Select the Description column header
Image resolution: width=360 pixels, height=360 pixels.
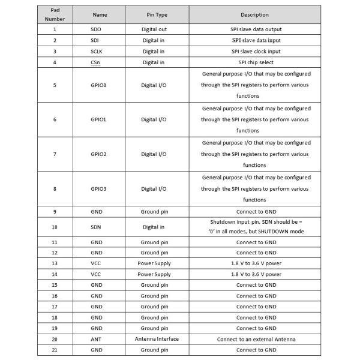[254, 14]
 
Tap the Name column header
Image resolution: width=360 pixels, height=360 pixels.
[100, 14]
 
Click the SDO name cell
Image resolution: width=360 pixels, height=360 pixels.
[96, 29]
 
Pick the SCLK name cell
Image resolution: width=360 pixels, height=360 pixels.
[96, 51]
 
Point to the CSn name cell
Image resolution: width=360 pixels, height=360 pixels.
[96, 62]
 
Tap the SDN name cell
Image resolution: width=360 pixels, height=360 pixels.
[96, 227]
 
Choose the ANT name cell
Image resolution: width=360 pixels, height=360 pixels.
[96, 339]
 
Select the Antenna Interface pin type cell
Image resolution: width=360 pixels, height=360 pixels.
[157, 339]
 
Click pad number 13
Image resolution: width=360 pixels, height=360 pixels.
[55, 263]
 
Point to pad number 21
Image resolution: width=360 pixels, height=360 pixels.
[55, 350]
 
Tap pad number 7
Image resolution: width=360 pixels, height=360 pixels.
[55, 154]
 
